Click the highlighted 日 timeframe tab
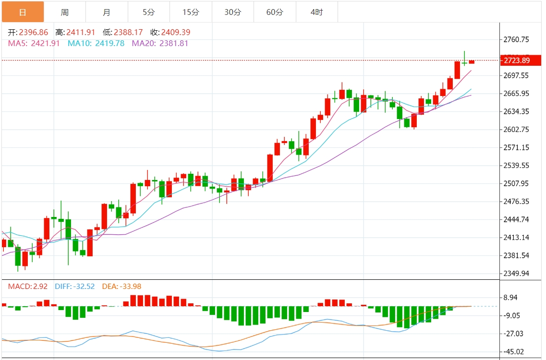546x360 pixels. (23, 12)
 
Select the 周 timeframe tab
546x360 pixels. (65, 12)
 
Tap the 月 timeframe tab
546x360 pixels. (107, 12)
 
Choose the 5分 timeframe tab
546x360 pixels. (149, 12)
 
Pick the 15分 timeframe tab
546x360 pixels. (191, 12)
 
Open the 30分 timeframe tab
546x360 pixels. (233, 12)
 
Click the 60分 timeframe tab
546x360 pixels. (275, 12)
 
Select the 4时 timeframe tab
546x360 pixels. (317, 12)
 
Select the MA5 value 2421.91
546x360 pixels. (45, 43)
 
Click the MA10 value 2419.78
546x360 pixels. (109, 43)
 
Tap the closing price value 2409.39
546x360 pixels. (177, 33)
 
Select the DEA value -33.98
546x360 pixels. (129, 287)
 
